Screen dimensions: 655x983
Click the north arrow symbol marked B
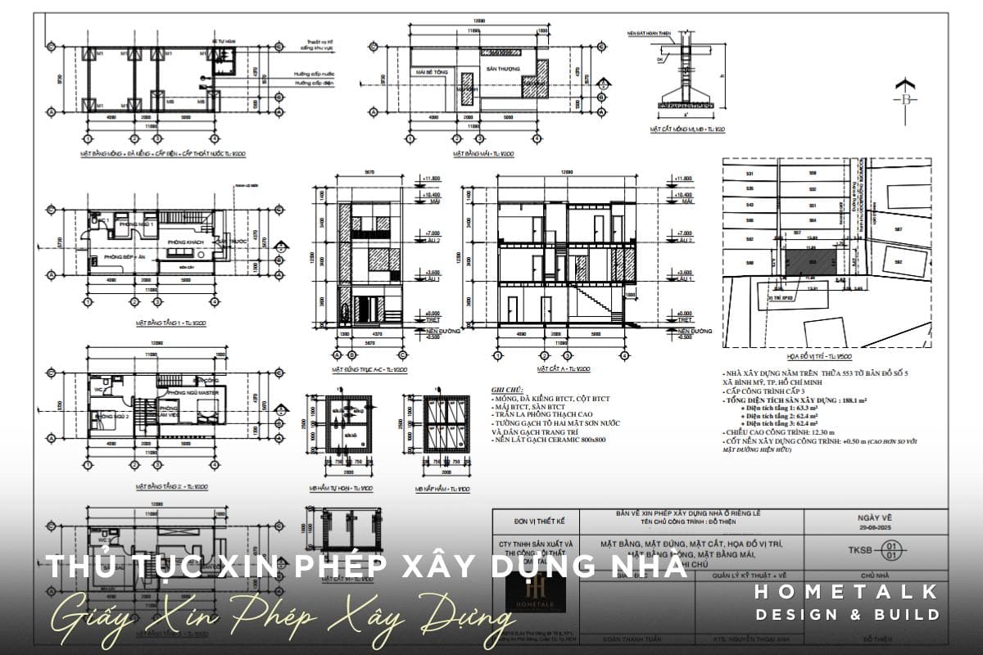coord(906,98)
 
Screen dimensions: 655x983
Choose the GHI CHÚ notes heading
coord(505,391)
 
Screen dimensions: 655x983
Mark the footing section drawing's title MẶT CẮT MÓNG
coord(684,129)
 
